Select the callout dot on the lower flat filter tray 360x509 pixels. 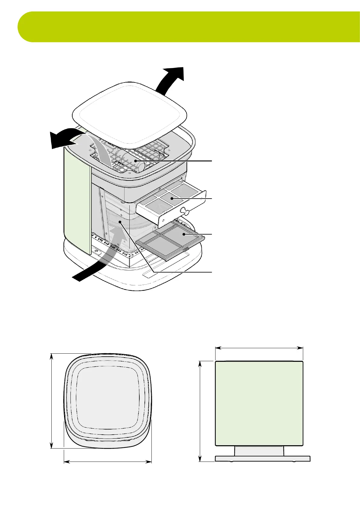click(183, 234)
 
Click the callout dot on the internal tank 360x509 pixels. click(120, 222)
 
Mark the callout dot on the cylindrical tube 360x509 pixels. click(136, 161)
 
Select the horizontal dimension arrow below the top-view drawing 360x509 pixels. click(108, 470)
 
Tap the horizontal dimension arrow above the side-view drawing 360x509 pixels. click(259, 348)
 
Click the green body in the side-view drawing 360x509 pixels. click(259, 403)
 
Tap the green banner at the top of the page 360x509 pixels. click(187, 27)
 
